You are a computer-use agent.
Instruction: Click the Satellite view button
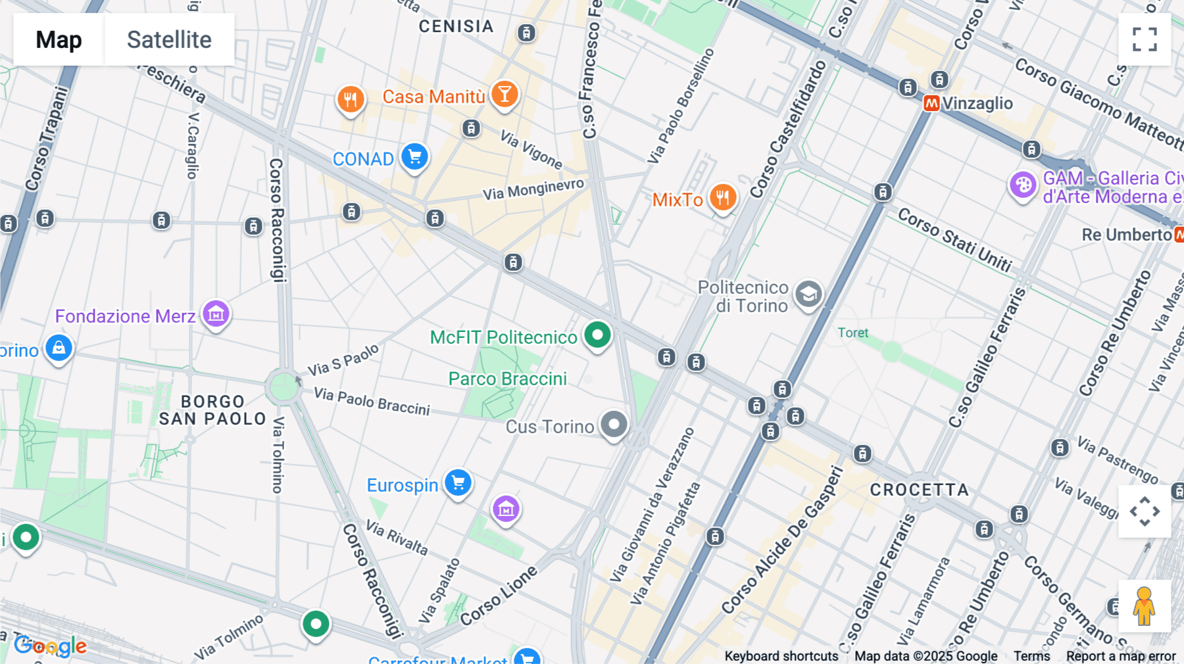[x=169, y=39]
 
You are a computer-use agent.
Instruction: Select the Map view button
[x=59, y=39]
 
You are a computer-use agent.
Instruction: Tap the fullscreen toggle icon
[x=1145, y=39]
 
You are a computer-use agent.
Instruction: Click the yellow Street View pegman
[x=1144, y=606]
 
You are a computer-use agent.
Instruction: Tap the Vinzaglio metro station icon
[x=931, y=103]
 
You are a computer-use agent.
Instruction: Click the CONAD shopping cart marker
[x=414, y=157]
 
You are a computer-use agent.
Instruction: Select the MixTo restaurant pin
[x=722, y=197]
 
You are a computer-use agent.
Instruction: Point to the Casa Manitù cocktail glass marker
[x=505, y=95]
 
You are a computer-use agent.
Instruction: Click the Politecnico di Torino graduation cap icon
[x=808, y=294]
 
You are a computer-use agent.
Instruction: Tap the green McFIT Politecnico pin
[x=597, y=335]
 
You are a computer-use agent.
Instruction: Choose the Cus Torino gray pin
[x=614, y=425]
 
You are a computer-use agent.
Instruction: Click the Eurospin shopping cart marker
[x=458, y=483]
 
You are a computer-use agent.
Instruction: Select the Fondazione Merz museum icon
[x=216, y=314]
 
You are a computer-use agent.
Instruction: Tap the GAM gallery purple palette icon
[x=1023, y=185]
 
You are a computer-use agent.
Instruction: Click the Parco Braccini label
[x=507, y=379]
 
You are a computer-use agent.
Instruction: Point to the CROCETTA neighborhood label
[x=919, y=490]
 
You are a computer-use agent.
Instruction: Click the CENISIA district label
[x=456, y=26]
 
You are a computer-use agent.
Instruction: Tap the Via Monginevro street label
[x=533, y=189]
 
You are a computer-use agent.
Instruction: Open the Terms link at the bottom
[x=1031, y=656]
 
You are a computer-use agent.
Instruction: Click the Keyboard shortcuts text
[x=781, y=656]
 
